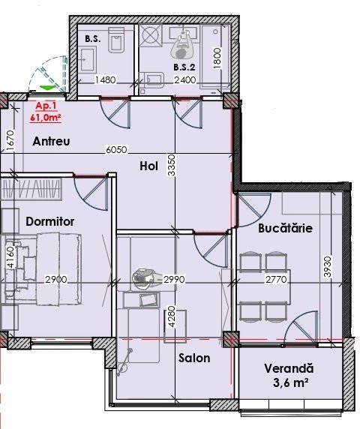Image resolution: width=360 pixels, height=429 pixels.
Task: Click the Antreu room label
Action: (x=51, y=142)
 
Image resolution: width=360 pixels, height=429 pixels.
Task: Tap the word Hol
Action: (x=148, y=166)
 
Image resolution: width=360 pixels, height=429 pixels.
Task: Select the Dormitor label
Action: (x=49, y=221)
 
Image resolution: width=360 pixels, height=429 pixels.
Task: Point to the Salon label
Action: (x=194, y=358)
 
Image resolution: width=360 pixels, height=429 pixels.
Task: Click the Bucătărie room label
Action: (x=285, y=228)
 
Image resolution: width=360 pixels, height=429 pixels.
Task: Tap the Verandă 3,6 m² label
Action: (x=289, y=375)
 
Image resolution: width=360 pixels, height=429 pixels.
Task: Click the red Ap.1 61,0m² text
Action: (x=46, y=112)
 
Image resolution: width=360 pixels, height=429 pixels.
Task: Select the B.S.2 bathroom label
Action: (x=184, y=67)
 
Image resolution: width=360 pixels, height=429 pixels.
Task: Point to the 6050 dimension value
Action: (x=116, y=150)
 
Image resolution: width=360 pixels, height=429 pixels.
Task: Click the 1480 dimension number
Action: (x=105, y=80)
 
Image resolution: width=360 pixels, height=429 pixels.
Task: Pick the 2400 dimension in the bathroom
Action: (x=185, y=80)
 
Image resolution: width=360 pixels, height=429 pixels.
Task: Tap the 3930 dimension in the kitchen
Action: (x=327, y=266)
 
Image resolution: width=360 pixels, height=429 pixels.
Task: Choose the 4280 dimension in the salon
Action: (x=172, y=316)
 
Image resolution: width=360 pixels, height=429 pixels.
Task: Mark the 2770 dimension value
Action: (x=276, y=279)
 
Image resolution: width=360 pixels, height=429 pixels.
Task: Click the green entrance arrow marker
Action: (x=46, y=88)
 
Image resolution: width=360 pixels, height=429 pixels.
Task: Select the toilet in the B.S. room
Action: (x=117, y=40)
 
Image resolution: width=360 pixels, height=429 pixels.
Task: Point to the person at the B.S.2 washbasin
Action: (x=183, y=44)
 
